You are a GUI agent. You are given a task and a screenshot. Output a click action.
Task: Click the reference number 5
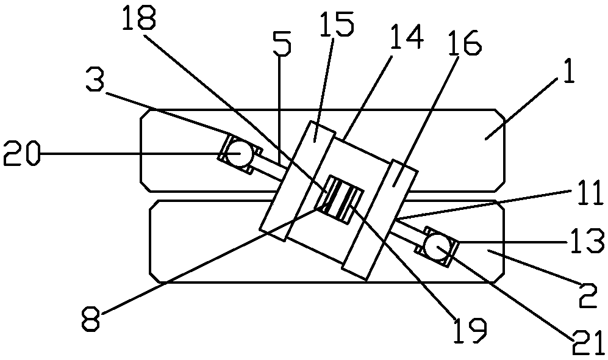coord(282,43)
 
